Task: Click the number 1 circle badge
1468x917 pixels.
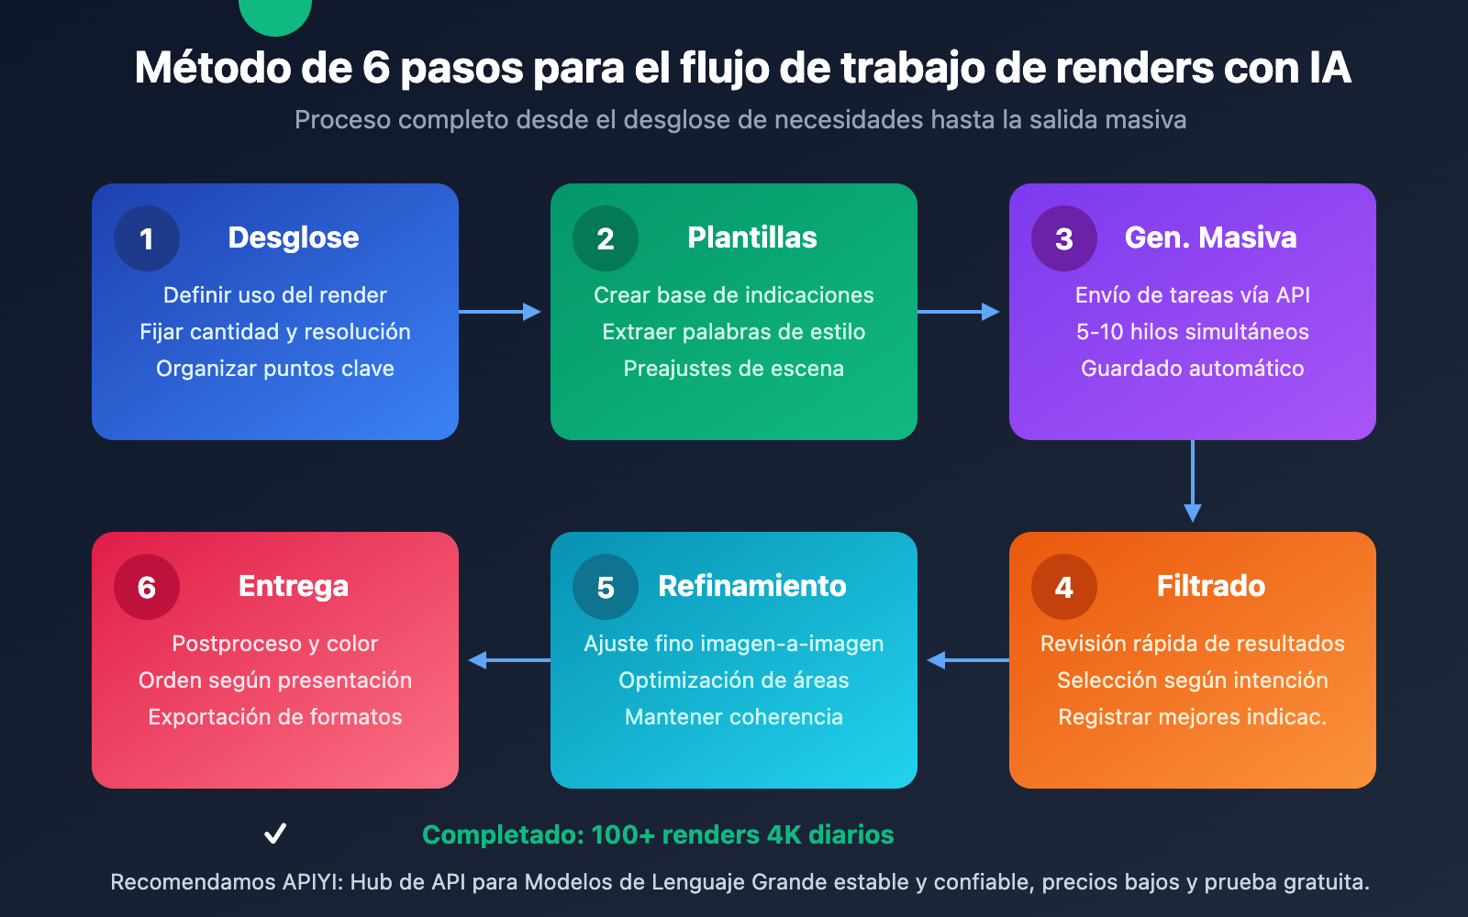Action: tap(147, 238)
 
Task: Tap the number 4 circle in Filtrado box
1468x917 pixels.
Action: tap(1064, 587)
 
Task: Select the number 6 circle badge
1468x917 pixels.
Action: tap(147, 587)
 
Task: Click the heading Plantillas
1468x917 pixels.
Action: tap(752, 238)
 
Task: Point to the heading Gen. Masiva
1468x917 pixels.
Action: tap(1210, 238)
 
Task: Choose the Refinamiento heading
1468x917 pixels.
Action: tap(752, 586)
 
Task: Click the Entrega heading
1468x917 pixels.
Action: tap(294, 586)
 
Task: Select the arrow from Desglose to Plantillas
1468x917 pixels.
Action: tap(500, 312)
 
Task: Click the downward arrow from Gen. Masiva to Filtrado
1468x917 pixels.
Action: tap(1193, 481)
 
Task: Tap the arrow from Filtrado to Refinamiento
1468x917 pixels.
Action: tap(968, 660)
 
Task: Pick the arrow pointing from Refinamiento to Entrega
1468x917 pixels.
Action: tap(509, 660)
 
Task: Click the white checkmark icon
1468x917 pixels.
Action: tap(275, 834)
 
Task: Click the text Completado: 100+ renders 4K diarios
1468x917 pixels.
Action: tap(658, 834)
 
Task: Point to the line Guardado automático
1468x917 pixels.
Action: tap(1193, 369)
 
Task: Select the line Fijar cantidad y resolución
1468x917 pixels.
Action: tap(275, 332)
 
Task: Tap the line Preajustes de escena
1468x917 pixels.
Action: tap(734, 369)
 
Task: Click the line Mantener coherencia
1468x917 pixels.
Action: tap(734, 717)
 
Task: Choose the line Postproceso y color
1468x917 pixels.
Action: tap(275, 644)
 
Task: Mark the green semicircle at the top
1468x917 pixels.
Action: tap(275, 14)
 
